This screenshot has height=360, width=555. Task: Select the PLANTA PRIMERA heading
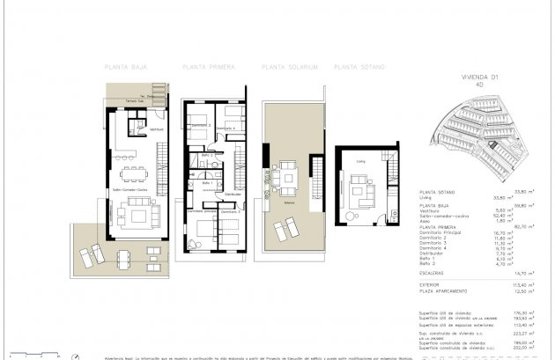209,66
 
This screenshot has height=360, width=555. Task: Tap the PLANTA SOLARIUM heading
289,66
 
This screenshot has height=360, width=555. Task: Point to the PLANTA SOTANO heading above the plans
361,66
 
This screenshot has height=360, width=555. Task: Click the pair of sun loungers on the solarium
285,231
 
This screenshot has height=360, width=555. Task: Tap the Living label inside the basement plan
360,162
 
